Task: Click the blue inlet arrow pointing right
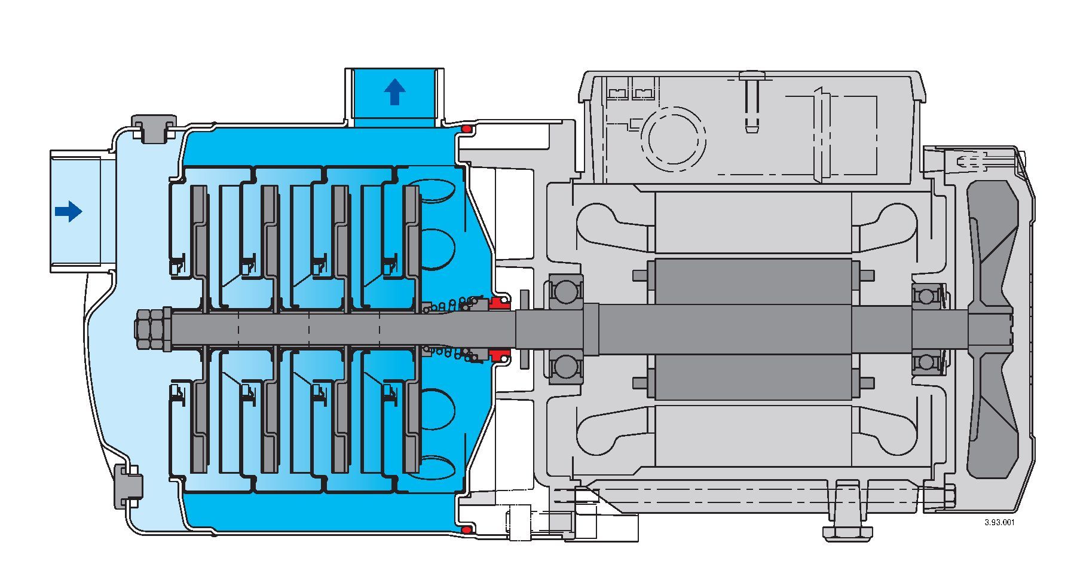[x=68, y=211]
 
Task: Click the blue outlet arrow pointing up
[x=394, y=92]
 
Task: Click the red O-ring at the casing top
[x=467, y=130]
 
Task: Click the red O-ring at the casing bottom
[x=467, y=529]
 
